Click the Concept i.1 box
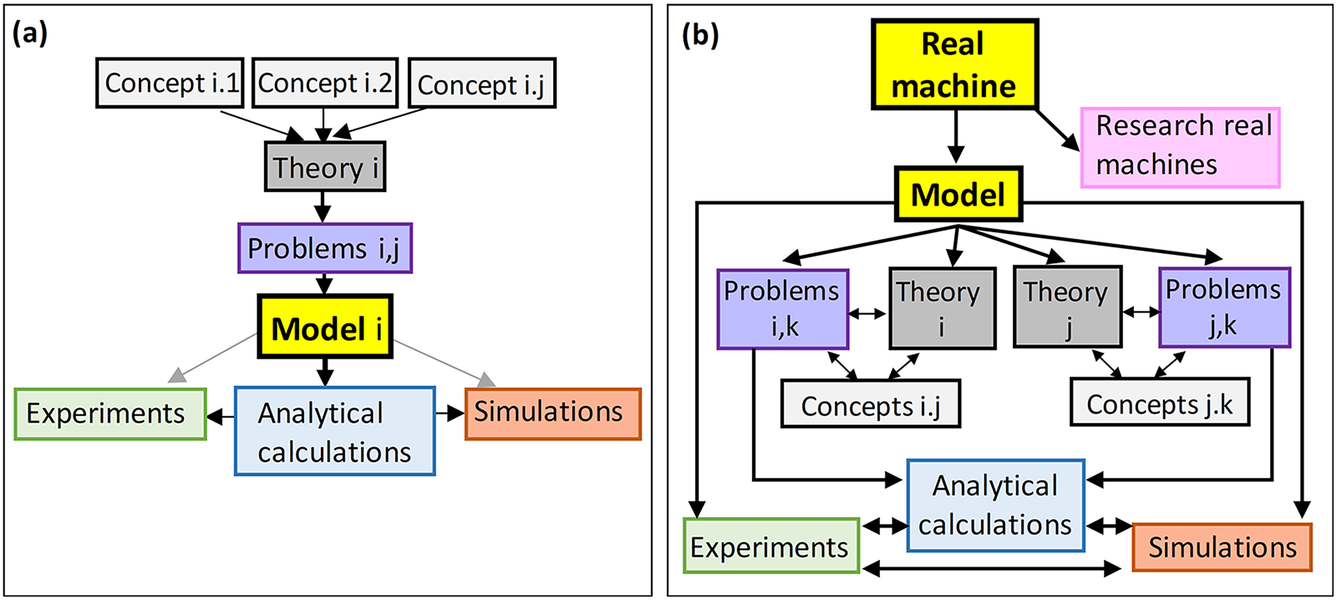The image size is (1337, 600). pos(170,83)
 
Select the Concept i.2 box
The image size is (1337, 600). pos(325,83)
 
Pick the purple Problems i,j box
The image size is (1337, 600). pos(325,248)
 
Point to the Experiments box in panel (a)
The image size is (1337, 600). pos(110,414)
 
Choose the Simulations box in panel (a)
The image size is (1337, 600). pos(553,414)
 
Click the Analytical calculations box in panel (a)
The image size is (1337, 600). pos(335,431)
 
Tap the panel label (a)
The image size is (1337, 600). pos(30,33)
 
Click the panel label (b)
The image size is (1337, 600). pos(700,35)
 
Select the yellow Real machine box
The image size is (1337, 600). pos(955,64)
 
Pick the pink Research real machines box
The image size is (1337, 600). pos(1180,148)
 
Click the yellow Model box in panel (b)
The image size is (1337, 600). pos(958,194)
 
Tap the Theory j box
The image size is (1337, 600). pos(1068,307)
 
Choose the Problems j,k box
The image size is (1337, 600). pos(1224,307)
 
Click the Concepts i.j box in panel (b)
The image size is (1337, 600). pos(870,403)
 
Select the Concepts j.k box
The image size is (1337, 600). pos(1159,402)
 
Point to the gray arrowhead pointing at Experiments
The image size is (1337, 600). pos(178,375)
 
